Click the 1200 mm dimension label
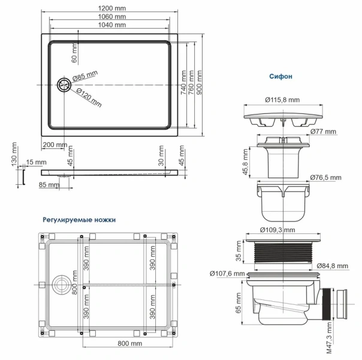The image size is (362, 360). [x=111, y=7]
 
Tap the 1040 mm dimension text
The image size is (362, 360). [x=111, y=25]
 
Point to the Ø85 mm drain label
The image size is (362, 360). [x=85, y=76]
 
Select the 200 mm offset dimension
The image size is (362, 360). [x=55, y=145]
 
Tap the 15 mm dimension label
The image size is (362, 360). [x=35, y=163]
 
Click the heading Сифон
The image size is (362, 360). [x=280, y=77]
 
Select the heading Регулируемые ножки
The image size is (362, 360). [x=79, y=220]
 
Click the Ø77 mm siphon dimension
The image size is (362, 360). [x=324, y=131]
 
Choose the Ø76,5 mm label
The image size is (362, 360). [x=325, y=178]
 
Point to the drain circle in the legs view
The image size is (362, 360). [x=61, y=283]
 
